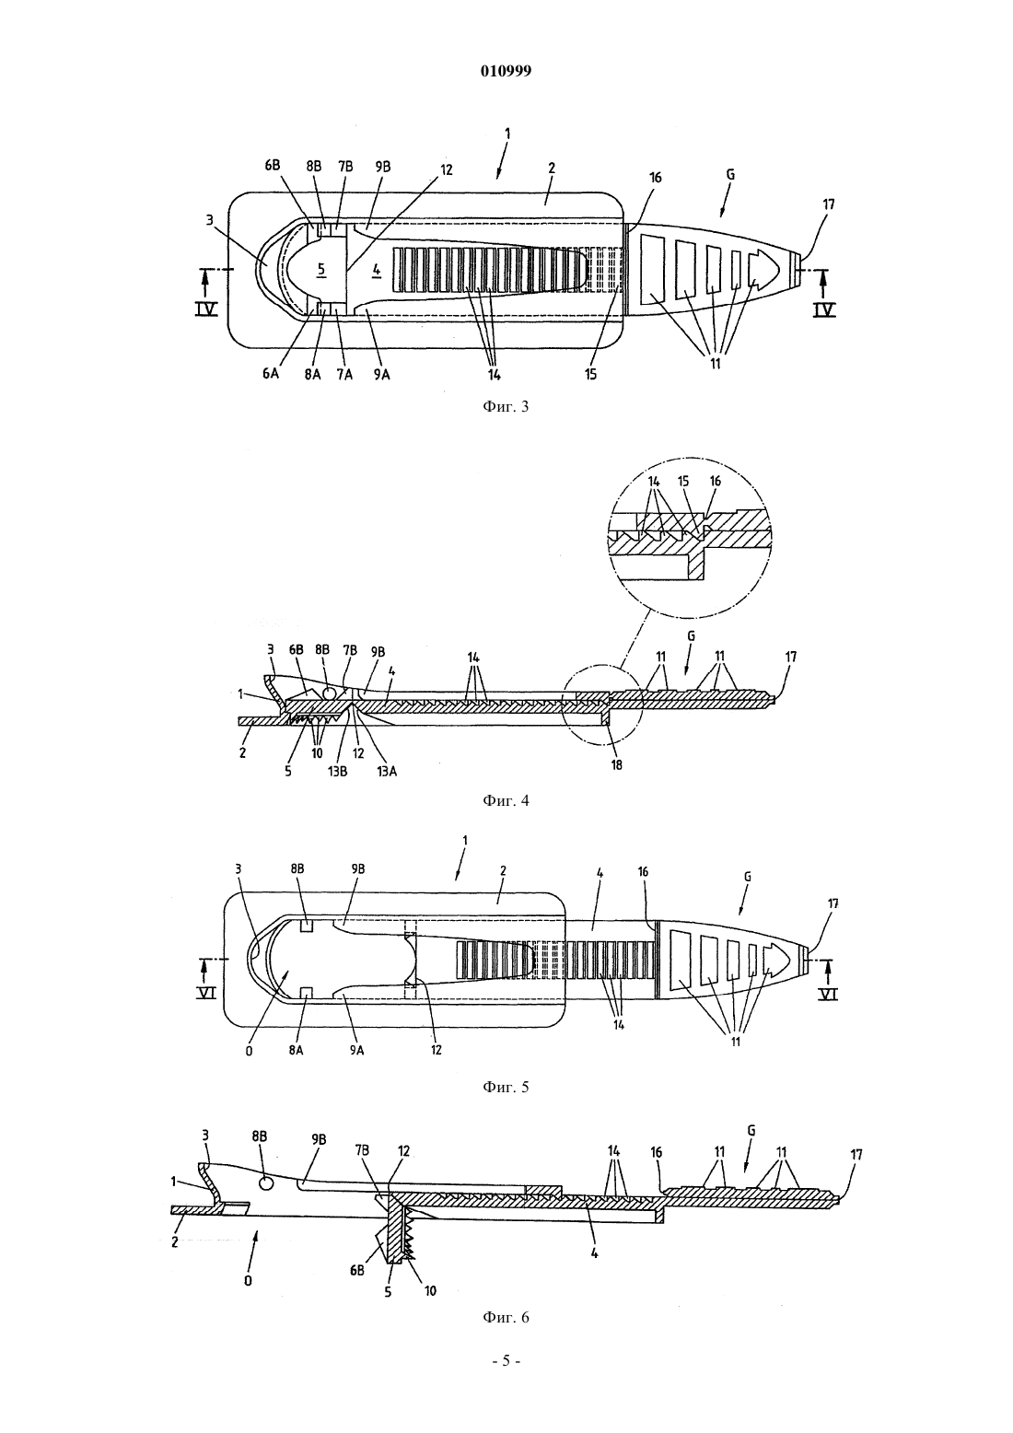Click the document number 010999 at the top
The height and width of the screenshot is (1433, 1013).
pos(506,71)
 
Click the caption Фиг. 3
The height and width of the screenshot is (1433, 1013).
pos(506,406)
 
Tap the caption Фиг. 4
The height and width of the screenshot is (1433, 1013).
pos(506,800)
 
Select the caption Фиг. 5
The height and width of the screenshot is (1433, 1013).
pos(506,1087)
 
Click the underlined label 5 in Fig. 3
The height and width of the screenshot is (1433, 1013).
pos(321,269)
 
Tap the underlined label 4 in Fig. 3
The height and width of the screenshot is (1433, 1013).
pos(376,270)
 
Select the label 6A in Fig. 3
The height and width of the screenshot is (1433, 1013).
pos(271,374)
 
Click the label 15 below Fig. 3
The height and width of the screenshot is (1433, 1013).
pos(590,374)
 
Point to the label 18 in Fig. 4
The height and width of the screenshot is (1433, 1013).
pos(616,764)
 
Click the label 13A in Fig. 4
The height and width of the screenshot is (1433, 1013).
pos(386,772)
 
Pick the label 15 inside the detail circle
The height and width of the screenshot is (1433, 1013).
pos(683,481)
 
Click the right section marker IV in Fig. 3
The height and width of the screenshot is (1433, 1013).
pos(824,310)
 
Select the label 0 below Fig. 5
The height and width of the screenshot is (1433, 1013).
pos(249,1051)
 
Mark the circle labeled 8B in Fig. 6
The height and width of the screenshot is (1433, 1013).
pos(266,1184)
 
